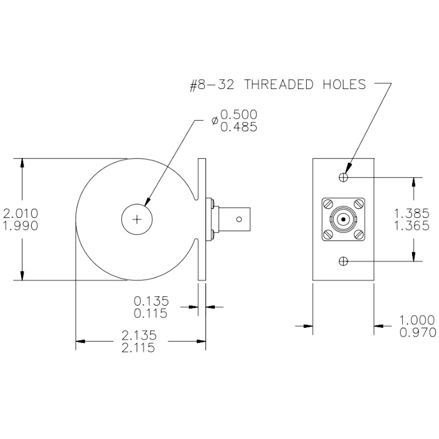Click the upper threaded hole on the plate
(343, 177)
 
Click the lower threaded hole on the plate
(343, 261)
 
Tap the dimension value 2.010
(20, 213)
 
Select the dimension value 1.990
(20, 226)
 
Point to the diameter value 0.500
(239, 114)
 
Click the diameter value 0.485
(239, 127)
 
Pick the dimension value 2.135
(139, 335)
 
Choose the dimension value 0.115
(150, 313)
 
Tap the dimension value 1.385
(411, 213)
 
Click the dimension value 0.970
(418, 332)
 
